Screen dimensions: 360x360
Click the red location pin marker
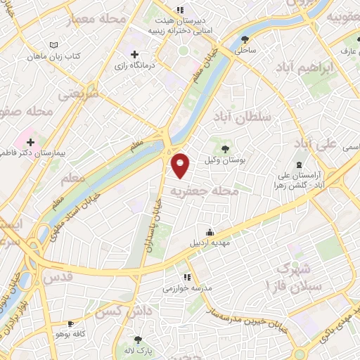181,165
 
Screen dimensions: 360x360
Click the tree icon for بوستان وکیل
225,149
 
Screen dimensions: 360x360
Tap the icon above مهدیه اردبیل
210,232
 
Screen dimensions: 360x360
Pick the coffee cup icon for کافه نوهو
70,323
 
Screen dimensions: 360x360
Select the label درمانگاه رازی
148,65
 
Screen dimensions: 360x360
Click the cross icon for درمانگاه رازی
134,54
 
